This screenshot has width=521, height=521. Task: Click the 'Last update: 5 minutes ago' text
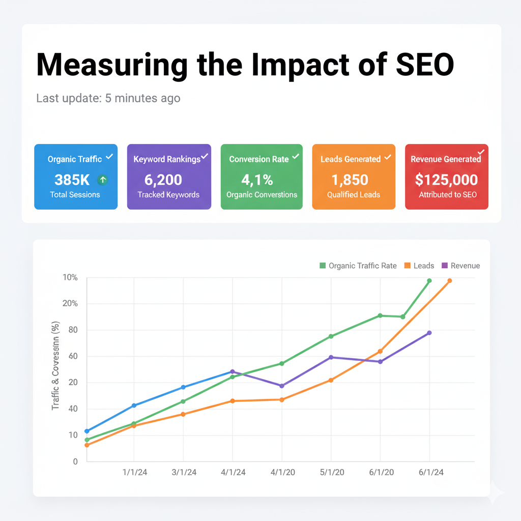108,98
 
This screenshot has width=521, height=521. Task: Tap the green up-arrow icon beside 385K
103,179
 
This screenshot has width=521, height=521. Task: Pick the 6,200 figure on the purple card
163,180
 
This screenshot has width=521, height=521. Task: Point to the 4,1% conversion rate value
257,180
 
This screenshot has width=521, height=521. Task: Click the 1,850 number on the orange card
350,180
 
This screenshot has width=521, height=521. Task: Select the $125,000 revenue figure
446,180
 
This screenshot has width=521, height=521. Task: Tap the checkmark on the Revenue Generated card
481,152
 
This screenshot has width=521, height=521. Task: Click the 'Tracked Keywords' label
168,194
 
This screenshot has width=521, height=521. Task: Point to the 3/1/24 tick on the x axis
184,472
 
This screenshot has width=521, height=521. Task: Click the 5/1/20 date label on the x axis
331,472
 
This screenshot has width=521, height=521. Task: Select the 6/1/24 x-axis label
430,472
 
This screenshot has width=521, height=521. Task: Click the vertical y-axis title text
56,366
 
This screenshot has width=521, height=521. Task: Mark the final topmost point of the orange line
449,281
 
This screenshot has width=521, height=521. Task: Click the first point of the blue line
87,431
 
